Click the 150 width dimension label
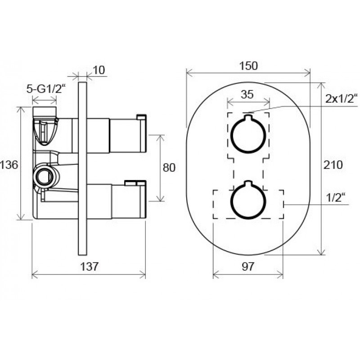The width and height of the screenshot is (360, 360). [248, 66]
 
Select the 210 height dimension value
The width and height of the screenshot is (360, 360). [333, 165]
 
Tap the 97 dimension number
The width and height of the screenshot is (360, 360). [248, 266]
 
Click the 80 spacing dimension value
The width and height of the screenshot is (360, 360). [169, 167]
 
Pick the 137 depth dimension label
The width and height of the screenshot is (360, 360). [89, 266]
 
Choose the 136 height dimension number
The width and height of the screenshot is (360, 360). [9, 165]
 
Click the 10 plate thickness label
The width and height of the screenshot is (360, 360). [99, 70]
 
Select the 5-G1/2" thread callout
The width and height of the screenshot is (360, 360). [46, 89]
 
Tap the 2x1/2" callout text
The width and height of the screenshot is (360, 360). [342, 99]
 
